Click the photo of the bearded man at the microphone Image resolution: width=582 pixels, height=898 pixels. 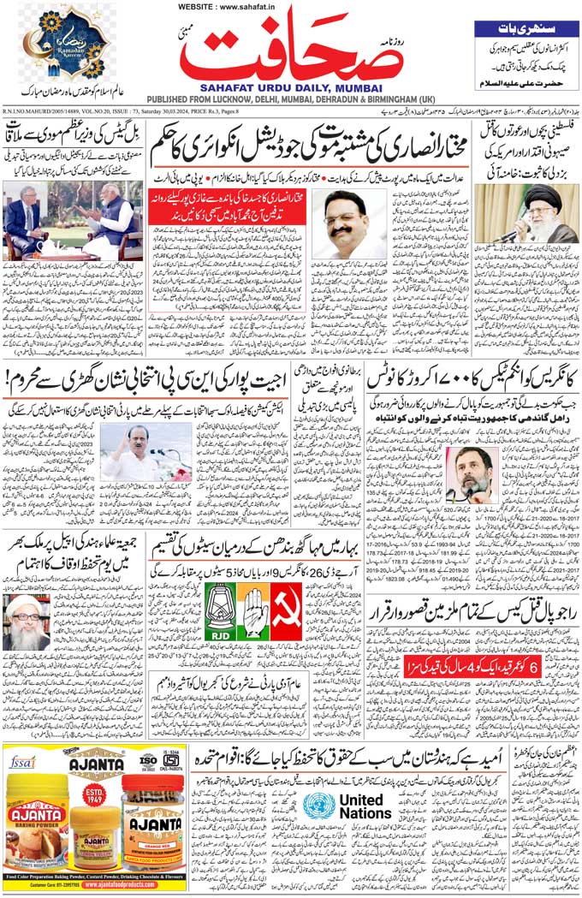[x=472, y=474]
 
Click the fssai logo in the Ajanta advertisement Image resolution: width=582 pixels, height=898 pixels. [x=20, y=759]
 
